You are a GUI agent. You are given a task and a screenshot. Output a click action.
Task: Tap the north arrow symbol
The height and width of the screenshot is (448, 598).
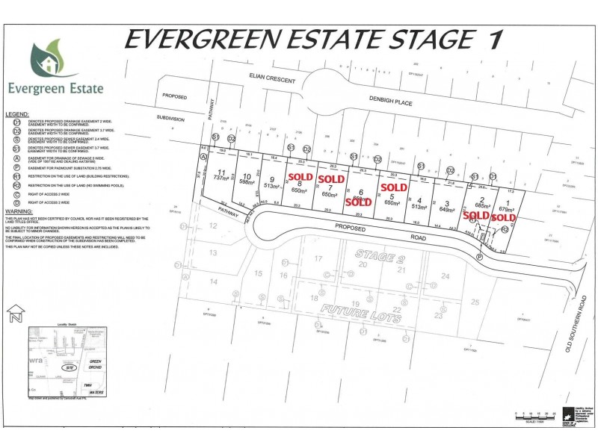13,314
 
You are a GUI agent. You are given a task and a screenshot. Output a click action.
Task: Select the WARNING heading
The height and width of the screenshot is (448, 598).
18,211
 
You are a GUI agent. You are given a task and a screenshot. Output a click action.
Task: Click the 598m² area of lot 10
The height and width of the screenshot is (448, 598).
248,181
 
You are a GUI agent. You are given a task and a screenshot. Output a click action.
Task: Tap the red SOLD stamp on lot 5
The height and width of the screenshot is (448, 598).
393,187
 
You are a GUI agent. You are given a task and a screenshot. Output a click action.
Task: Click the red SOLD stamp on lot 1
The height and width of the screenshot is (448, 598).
502,217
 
